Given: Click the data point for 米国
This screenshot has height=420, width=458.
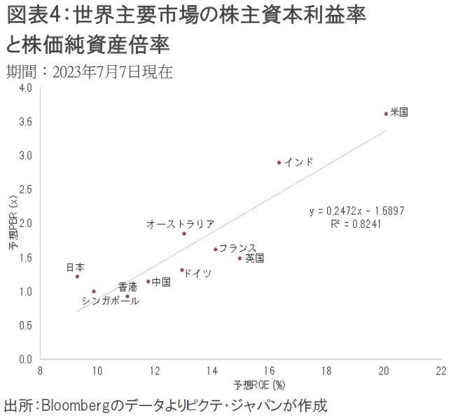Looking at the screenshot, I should click(386, 114).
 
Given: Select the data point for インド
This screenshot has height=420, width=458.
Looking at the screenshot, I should click(279, 162).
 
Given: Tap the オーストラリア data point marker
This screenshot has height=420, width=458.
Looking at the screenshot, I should click(184, 233).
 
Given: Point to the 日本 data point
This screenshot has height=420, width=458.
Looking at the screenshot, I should click(77, 276).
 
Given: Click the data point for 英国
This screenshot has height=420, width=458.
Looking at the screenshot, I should click(240, 258).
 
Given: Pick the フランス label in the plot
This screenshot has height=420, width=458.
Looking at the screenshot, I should click(237, 248).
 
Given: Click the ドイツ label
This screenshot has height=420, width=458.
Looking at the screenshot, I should click(198, 273).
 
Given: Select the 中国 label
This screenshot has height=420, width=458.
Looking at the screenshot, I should click(161, 281).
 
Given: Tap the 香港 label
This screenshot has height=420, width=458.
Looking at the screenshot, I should click(127, 287).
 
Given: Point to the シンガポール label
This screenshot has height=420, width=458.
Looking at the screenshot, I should click(110, 301).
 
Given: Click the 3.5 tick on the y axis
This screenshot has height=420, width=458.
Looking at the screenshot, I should click(26, 122).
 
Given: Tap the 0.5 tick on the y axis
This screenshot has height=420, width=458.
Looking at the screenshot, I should click(26, 325).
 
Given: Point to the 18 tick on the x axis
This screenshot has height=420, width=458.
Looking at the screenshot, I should click(326, 370).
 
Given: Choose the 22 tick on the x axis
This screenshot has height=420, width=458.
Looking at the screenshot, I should click(440, 370).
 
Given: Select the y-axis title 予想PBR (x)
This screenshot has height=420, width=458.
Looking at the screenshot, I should click(13, 224).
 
